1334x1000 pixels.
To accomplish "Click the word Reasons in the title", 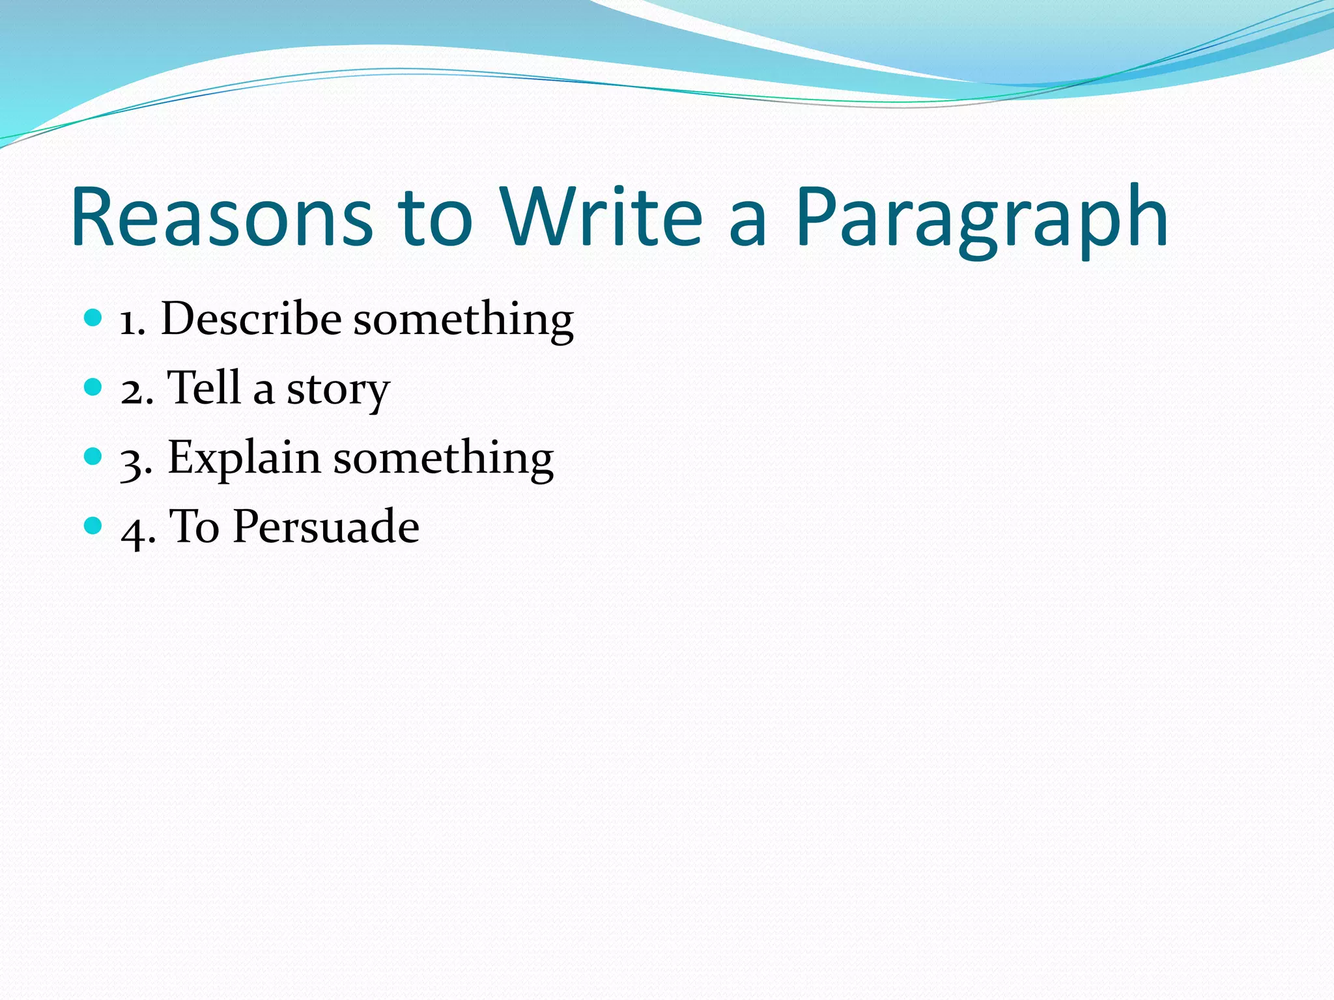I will click(222, 217).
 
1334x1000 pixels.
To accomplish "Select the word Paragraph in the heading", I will click(981, 221).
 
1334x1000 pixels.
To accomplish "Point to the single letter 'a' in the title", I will click(747, 225).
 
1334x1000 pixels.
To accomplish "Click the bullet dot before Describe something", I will click(94, 318).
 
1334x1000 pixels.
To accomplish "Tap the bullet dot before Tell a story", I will click(94, 387).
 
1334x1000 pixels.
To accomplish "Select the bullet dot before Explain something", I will click(94, 456).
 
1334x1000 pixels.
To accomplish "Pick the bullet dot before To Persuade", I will click(94, 525).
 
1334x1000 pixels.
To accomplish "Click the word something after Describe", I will click(463, 322).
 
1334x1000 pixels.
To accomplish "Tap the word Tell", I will click(204, 388).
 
